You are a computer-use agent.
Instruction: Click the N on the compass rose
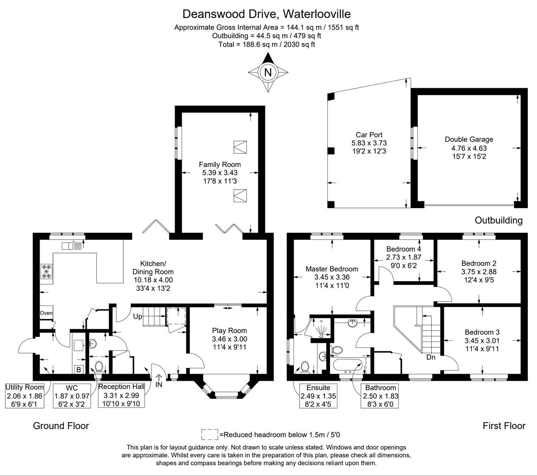267,72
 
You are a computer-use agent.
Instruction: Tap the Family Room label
219,164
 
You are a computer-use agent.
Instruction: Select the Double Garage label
469,139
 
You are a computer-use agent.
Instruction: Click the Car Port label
369,135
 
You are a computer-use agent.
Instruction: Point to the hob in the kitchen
46,271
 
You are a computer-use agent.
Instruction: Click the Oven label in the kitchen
46,313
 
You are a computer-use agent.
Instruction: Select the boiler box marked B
78,369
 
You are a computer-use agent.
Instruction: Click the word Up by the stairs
137,316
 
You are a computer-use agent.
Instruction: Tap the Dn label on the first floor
430,357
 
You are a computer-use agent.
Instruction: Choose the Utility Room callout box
25,396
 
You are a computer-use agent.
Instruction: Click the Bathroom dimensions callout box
380,396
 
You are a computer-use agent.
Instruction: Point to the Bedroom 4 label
404,249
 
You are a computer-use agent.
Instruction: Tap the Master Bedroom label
332,269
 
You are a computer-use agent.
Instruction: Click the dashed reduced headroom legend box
209,435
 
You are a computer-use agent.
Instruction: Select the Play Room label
229,331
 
